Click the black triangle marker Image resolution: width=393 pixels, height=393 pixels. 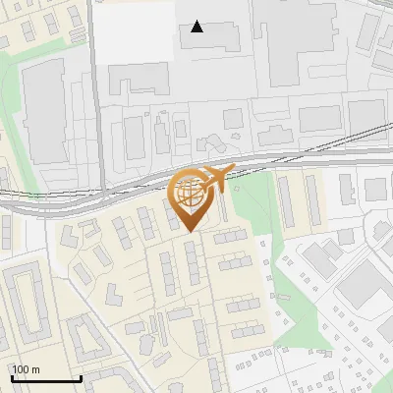(197, 27)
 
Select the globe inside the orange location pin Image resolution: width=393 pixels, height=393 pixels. (191, 192)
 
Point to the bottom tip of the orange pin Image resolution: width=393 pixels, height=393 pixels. (191, 233)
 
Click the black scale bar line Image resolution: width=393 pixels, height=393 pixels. (45, 379)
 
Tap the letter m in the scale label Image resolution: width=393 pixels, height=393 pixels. (36, 369)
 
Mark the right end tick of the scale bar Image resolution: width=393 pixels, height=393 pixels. (81, 377)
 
